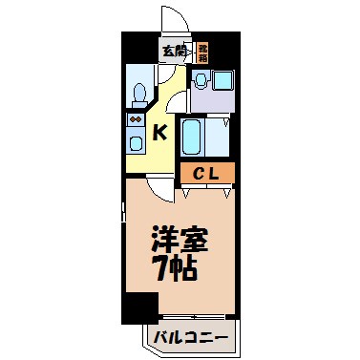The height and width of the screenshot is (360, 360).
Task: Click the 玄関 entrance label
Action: coord(174,51)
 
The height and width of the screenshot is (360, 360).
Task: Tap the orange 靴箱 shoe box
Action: coord(202,50)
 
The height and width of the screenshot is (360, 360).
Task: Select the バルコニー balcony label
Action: coord(188,337)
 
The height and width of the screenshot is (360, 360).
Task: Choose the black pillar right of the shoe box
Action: coord(226,49)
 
